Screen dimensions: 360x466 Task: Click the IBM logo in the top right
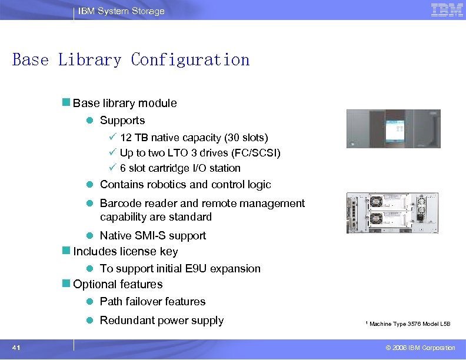[x=447, y=10]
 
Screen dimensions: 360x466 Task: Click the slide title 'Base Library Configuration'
[x=131, y=60]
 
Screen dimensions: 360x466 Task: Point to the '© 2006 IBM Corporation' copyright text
[x=417, y=348]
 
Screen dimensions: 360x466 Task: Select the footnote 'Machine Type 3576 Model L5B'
[x=410, y=324]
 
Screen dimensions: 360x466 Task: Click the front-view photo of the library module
[x=393, y=130]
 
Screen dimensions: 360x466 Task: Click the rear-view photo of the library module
[x=393, y=212]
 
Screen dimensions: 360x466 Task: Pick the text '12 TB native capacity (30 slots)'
[x=194, y=138]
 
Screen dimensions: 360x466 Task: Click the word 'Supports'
[x=122, y=120]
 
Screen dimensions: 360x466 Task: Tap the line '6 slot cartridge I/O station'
[x=180, y=168]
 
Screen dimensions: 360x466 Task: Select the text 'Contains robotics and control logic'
[x=185, y=185]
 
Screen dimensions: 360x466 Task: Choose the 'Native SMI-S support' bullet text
[x=153, y=235]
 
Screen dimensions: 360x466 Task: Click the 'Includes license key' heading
[x=125, y=251]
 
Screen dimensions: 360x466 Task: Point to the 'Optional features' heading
[x=118, y=284]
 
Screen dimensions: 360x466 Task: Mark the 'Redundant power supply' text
[x=162, y=321]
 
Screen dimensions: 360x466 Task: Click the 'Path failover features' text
[x=153, y=301]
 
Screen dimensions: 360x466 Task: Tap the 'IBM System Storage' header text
[x=121, y=11]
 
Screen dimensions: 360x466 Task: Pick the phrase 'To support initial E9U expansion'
[x=180, y=268]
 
